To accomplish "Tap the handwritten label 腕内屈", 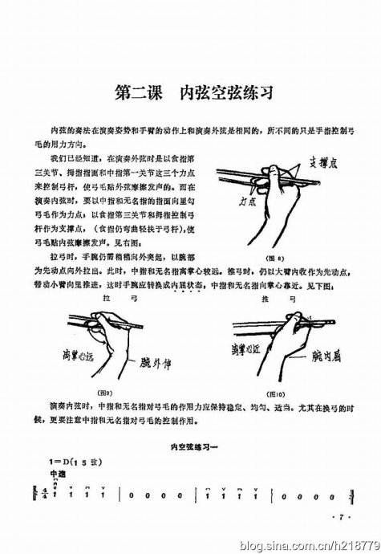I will pyautogui.click(x=330, y=354).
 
